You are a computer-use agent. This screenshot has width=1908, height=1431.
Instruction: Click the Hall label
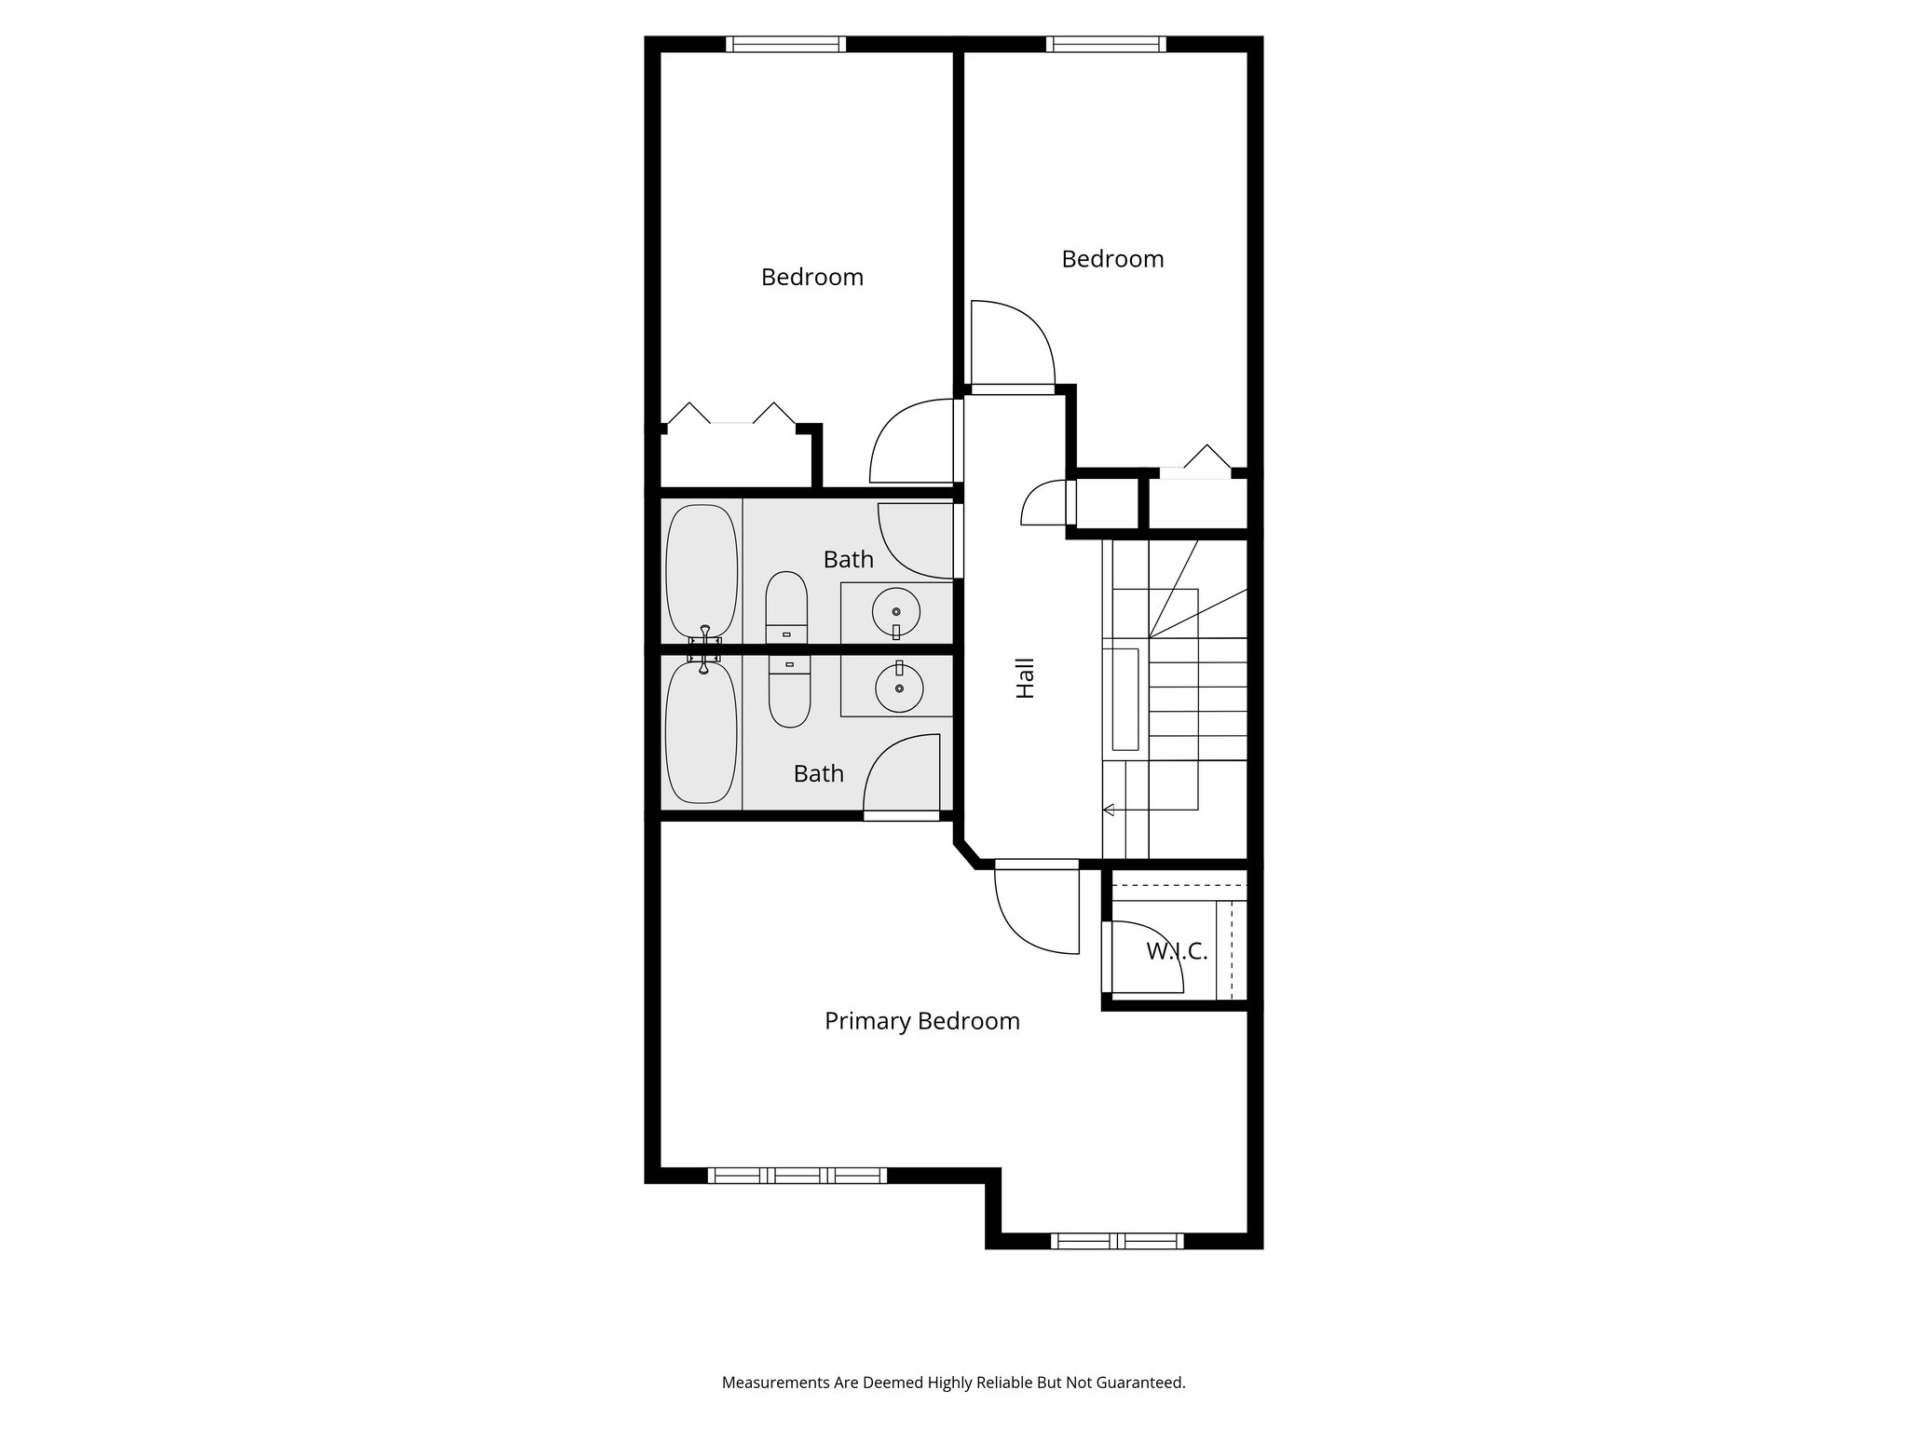click(1025, 678)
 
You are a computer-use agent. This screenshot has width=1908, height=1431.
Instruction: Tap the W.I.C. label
click(1177, 951)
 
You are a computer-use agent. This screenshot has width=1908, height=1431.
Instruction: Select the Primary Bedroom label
click(921, 1021)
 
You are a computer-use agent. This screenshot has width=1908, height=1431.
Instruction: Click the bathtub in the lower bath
click(702, 732)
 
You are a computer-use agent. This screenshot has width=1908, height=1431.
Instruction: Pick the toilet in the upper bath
click(787, 606)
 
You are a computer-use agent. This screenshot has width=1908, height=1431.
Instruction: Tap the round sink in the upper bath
click(896, 612)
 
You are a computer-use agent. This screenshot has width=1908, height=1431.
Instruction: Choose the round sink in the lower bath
click(899, 688)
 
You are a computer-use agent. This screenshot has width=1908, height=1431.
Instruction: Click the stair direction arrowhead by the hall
click(1109, 810)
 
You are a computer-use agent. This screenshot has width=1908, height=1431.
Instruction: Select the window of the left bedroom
click(785, 44)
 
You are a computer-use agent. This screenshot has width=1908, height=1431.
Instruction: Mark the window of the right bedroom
click(1106, 44)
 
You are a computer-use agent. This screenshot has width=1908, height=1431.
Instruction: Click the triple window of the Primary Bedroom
click(797, 1175)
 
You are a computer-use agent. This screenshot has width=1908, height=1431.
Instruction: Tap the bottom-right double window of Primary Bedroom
click(1117, 1240)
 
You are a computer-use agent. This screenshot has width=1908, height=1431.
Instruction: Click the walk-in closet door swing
click(1143, 956)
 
